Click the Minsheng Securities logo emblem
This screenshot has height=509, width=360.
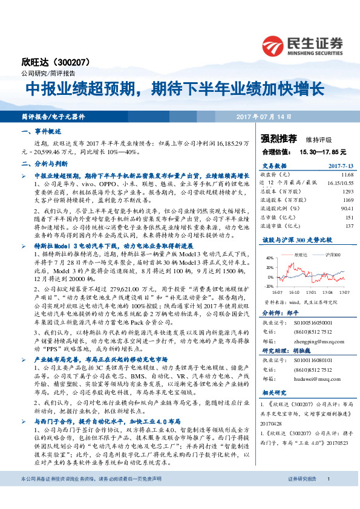point(273,45)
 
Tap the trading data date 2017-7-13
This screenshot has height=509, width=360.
point(332,164)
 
